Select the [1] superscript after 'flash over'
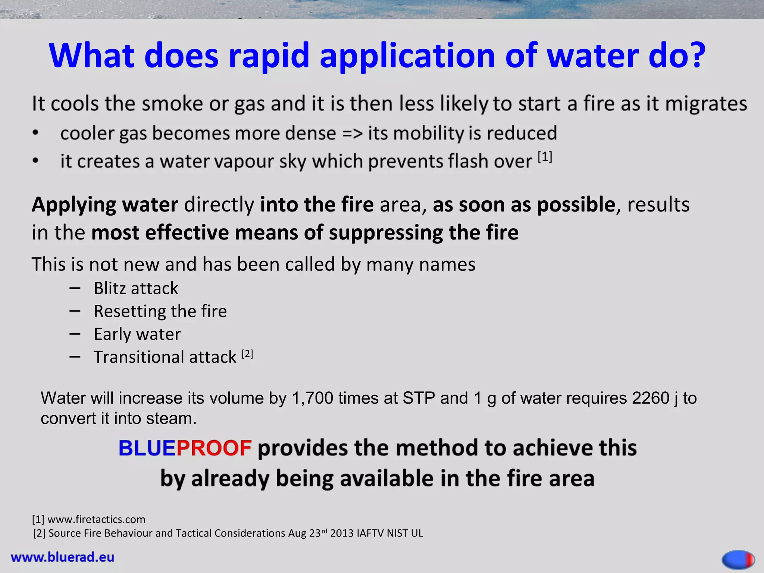[545, 157]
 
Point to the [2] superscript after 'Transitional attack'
[247, 354]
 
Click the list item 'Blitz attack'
[136, 288]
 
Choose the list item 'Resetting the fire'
[160, 311]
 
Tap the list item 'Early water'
[137, 334]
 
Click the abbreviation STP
[419, 398]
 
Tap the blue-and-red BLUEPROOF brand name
[185, 448]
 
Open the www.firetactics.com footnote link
[96, 519]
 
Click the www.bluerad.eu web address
[63, 557]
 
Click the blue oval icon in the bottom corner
[738, 559]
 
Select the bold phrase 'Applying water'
[105, 205]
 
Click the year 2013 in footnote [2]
[341, 533]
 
